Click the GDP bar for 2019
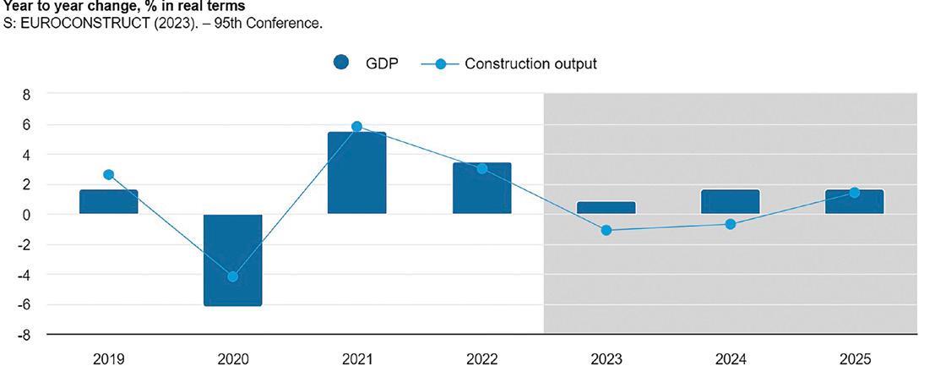pyautogui.click(x=109, y=201)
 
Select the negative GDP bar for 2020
pyautogui.click(x=232, y=260)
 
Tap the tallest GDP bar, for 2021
pyautogui.click(x=356, y=172)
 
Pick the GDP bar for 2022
pyautogui.click(x=481, y=188)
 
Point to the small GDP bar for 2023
pyautogui.click(x=606, y=207)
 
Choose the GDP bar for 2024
pyautogui.click(x=731, y=201)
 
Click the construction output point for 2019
pyautogui.click(x=108, y=175)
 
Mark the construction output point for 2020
pyautogui.click(x=232, y=276)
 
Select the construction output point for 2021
pyautogui.click(x=356, y=127)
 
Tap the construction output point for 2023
pyautogui.click(x=606, y=230)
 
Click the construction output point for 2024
pyautogui.click(x=731, y=224)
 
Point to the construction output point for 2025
pyautogui.click(x=855, y=193)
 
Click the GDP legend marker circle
pyautogui.click(x=341, y=63)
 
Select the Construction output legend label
pyautogui.click(x=530, y=63)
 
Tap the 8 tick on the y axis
pyautogui.click(x=27, y=95)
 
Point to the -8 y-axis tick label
pyautogui.click(x=24, y=335)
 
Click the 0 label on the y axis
pyautogui.click(x=27, y=215)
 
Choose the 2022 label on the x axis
pyautogui.click(x=481, y=359)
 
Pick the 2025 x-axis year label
pyautogui.click(x=855, y=359)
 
